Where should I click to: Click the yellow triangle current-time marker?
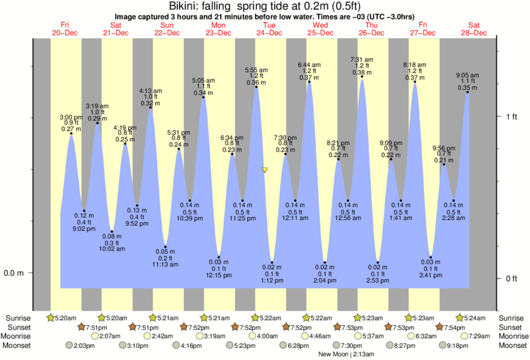pos(265,170)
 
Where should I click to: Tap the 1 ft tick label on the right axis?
pos(511,116)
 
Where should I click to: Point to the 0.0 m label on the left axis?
pos(14,273)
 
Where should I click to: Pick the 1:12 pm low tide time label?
pos(272,281)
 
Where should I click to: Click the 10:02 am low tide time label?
pos(112,248)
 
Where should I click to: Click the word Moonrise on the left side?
pos(18,336)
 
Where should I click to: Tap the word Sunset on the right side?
pos(511,327)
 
